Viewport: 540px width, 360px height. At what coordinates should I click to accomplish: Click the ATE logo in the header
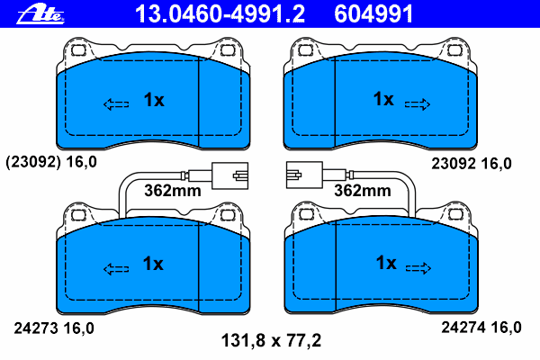(x=40, y=14)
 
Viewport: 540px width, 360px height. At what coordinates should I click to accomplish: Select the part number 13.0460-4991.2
(x=220, y=14)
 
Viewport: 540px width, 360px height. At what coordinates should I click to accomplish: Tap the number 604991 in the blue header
(x=373, y=14)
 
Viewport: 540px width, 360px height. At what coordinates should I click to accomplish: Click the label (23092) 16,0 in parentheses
(x=51, y=162)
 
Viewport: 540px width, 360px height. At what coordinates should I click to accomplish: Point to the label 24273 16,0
(x=54, y=328)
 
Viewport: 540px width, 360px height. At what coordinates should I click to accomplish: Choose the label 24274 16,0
(x=481, y=328)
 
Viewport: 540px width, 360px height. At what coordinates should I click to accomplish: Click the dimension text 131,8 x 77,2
(x=271, y=341)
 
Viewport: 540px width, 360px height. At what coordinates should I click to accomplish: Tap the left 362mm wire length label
(x=173, y=191)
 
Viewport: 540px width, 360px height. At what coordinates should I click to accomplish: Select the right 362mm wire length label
(x=363, y=191)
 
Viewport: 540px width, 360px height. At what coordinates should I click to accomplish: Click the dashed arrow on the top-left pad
(x=116, y=104)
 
